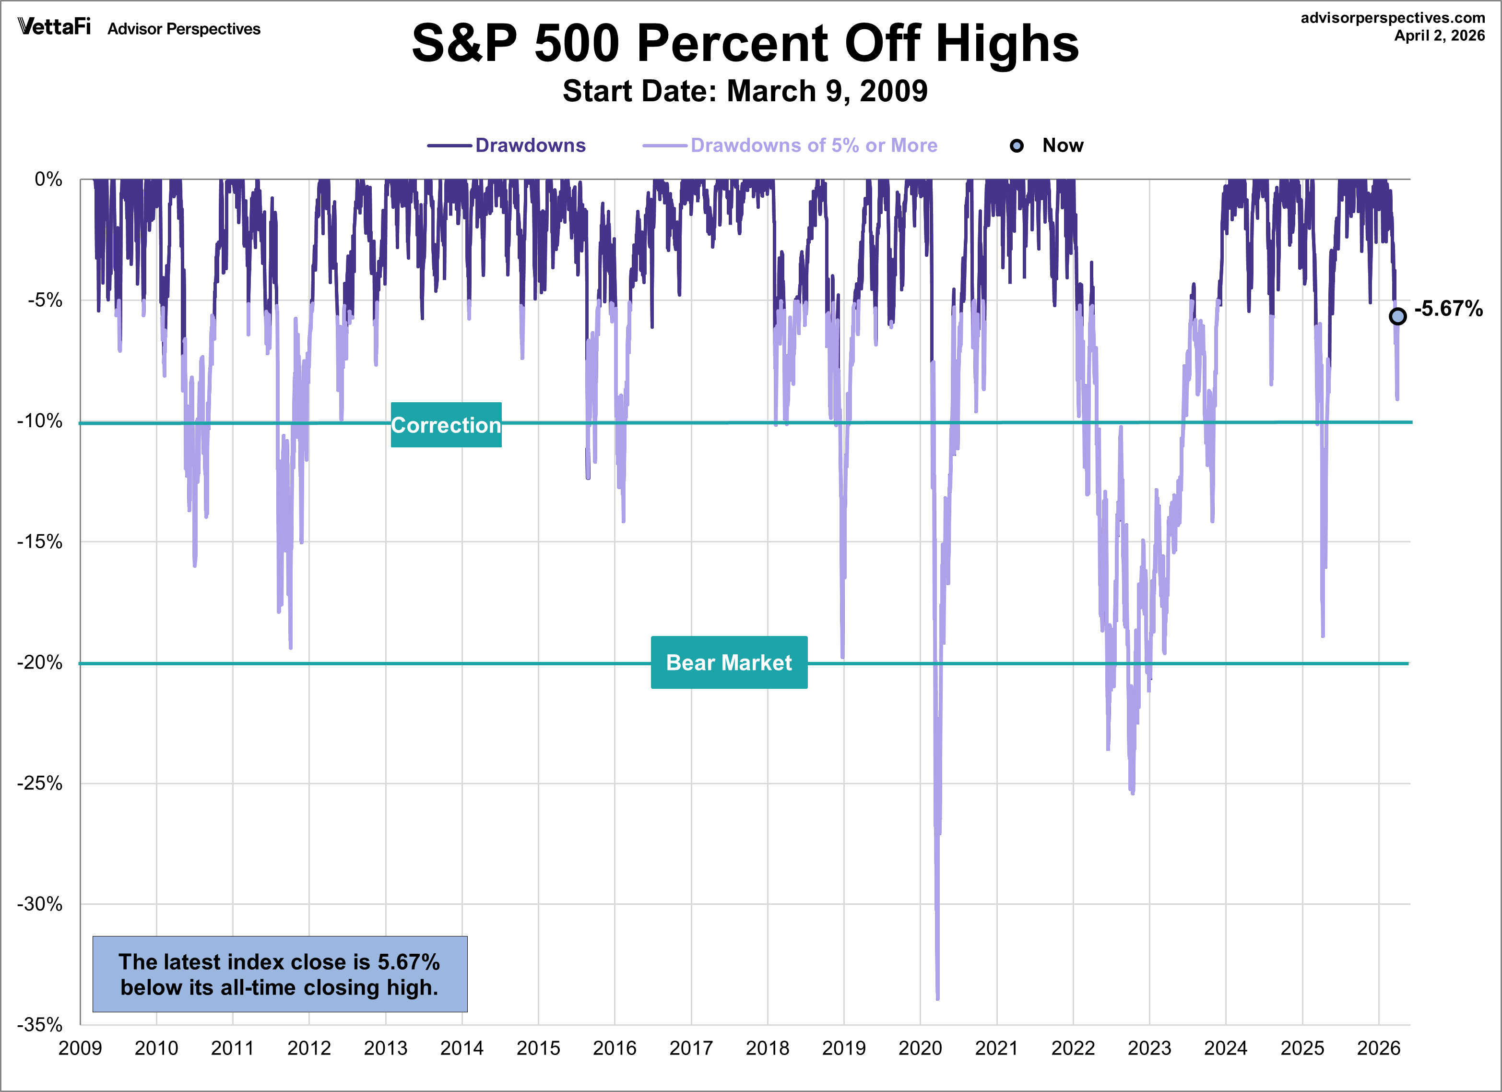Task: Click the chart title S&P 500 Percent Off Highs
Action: point(745,44)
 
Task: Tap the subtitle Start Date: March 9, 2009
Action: point(745,91)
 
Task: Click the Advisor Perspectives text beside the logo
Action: point(184,29)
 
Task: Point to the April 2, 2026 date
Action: point(1439,36)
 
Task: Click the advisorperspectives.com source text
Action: point(1392,18)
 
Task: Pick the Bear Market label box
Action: point(729,662)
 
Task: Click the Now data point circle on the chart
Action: point(1397,316)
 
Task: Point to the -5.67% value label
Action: point(1448,309)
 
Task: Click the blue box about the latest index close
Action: point(280,974)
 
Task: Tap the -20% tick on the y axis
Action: point(40,662)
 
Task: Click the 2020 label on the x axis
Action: point(920,1048)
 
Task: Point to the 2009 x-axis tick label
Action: point(80,1048)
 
